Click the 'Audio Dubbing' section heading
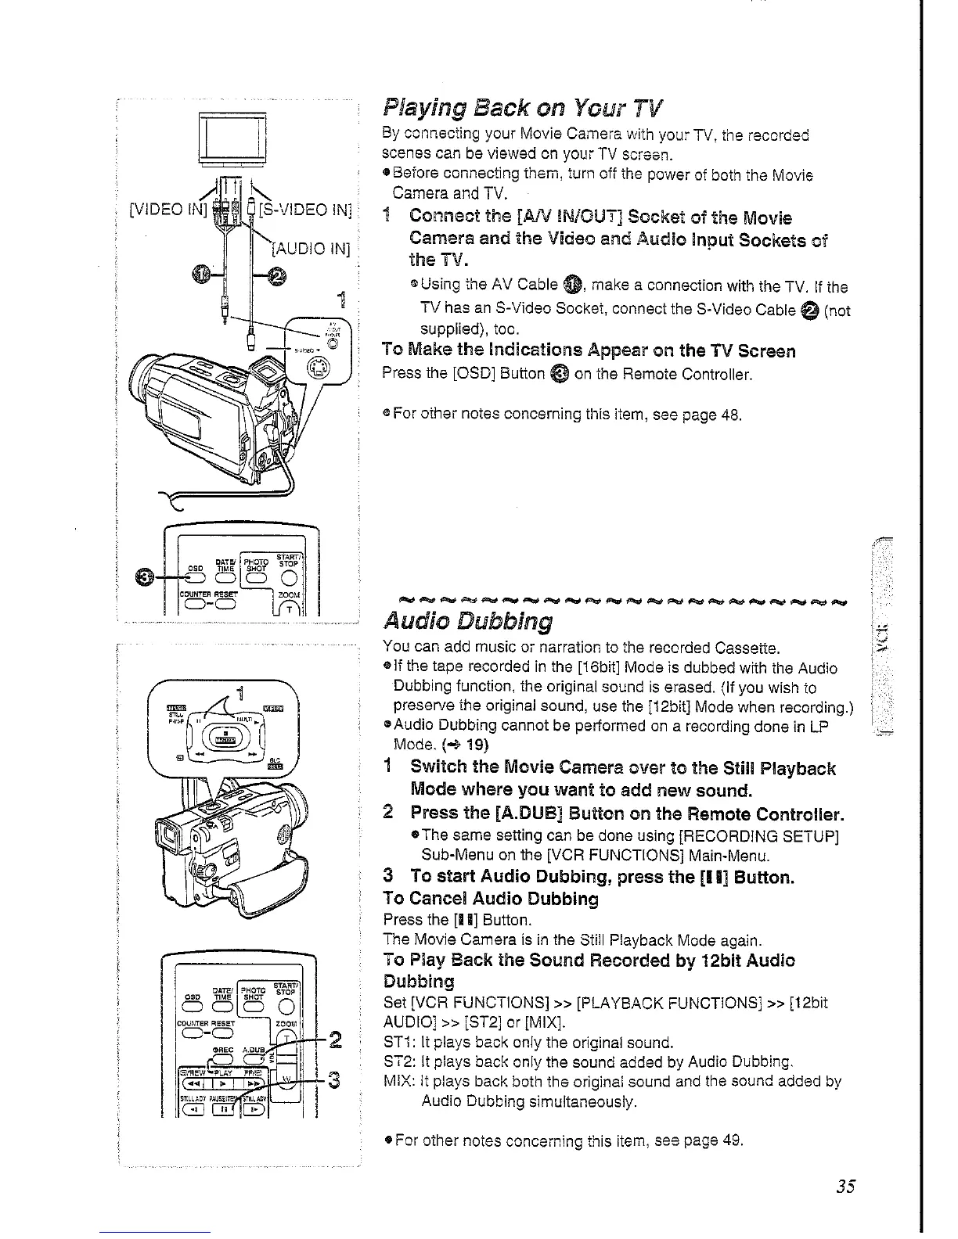point(468,622)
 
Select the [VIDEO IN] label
point(167,209)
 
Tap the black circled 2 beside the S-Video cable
point(279,275)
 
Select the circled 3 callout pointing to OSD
point(146,577)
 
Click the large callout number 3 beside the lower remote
point(333,1081)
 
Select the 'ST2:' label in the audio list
point(397,1062)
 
